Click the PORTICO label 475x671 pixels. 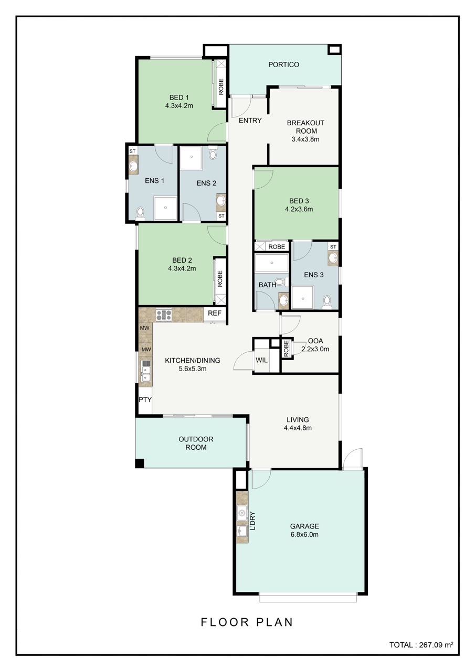point(283,64)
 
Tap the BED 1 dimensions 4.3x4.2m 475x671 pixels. point(179,106)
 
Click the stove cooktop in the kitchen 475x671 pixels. point(164,315)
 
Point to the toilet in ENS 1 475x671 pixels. point(140,213)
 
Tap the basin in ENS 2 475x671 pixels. point(221,200)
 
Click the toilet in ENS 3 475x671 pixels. point(327,301)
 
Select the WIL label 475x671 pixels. point(261,360)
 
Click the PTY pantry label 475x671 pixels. point(145,399)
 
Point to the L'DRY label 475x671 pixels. point(253,521)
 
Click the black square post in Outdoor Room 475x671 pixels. point(140,463)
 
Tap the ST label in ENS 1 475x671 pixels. point(132,151)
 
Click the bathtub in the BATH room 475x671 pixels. point(272,263)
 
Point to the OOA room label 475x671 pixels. point(315,341)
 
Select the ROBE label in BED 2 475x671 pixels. point(220,278)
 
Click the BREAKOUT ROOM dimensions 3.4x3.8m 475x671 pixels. point(305,139)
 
